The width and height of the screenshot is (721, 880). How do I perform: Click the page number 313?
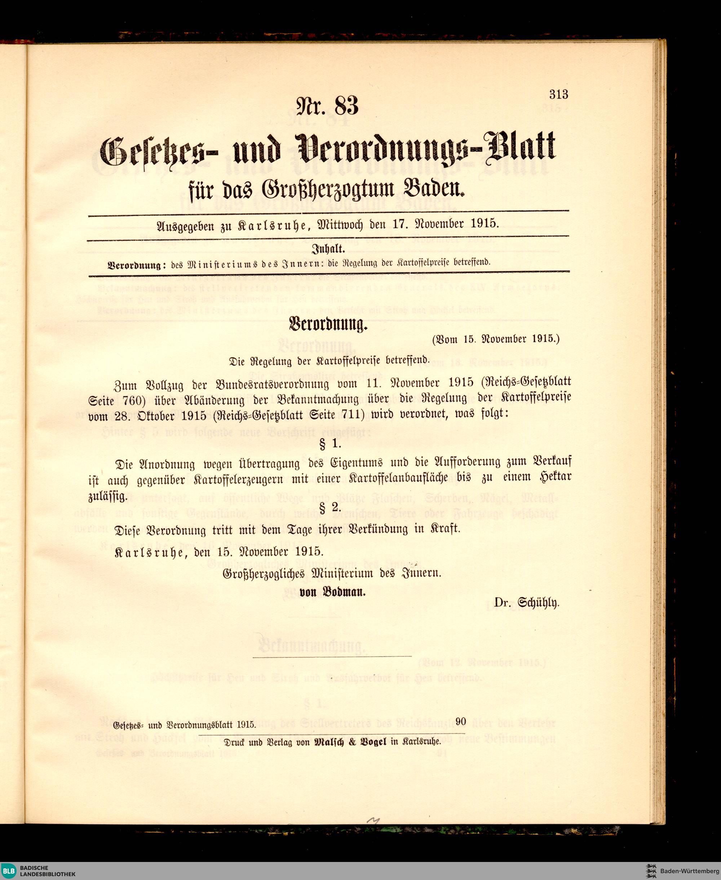pyautogui.click(x=559, y=95)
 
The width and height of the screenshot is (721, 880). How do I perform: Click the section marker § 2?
pyautogui.click(x=330, y=507)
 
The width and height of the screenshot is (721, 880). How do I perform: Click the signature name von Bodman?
pyautogui.click(x=332, y=593)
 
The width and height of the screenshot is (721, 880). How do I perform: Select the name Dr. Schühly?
pyautogui.click(x=526, y=602)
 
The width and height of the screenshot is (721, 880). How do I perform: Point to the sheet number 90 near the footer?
pyautogui.click(x=461, y=722)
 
